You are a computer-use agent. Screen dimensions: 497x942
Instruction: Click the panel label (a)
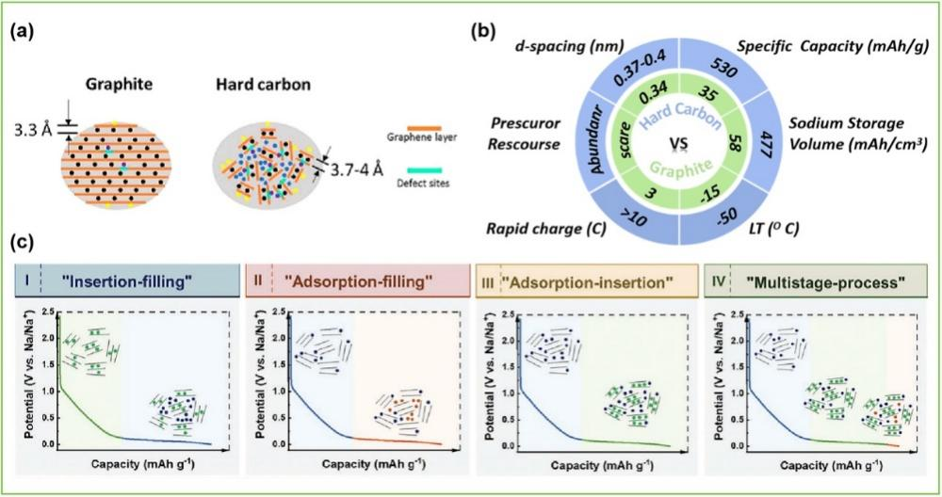tap(24, 33)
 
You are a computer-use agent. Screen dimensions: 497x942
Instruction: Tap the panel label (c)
tap(24, 243)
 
